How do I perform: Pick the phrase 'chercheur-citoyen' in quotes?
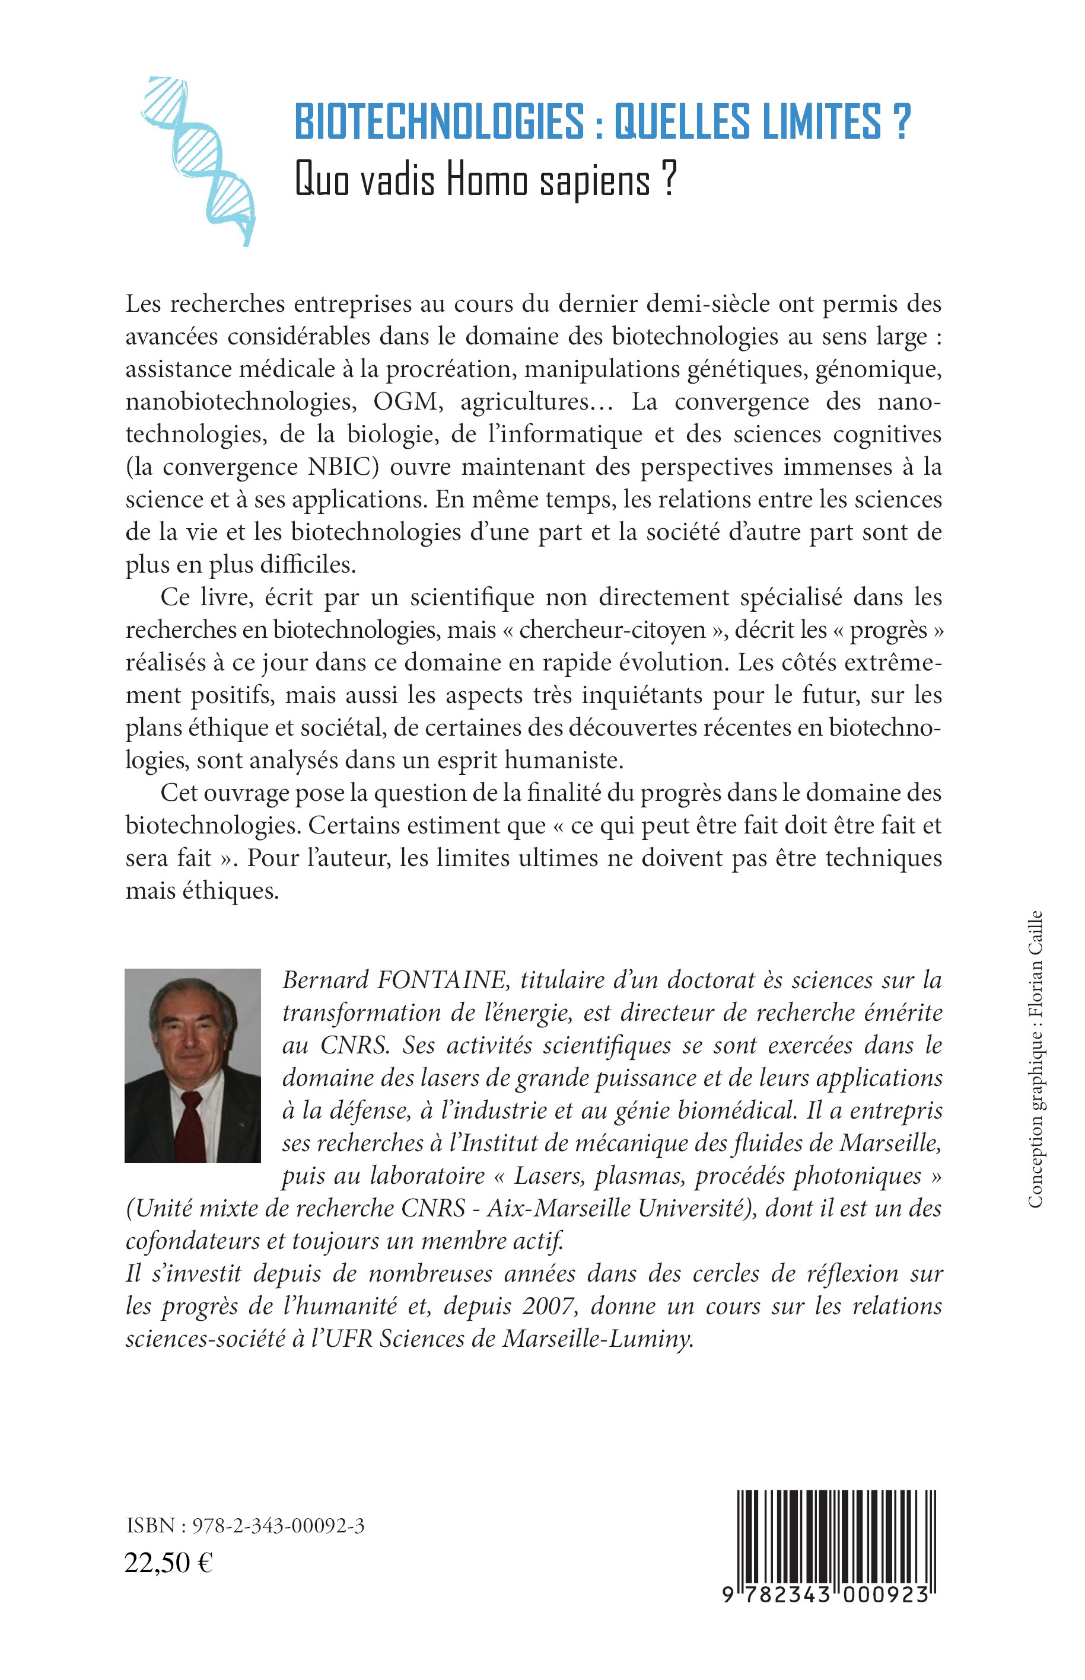coord(613,630)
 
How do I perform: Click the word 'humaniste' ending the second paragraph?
coord(568,761)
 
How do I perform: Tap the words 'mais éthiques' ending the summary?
coord(202,891)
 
